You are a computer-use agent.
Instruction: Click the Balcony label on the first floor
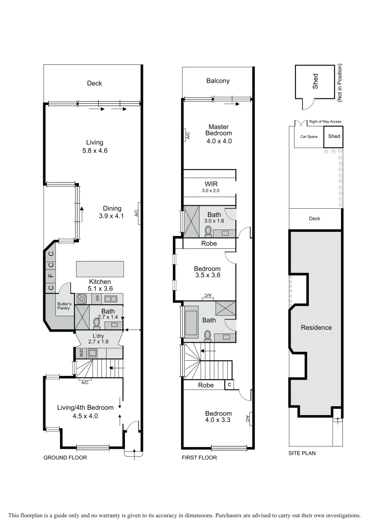coord(217,81)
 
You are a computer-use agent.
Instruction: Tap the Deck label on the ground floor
coord(94,83)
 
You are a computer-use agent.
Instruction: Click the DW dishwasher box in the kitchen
coord(97,299)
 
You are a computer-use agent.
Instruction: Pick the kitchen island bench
coord(99,268)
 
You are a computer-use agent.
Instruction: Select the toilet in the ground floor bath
coord(96,322)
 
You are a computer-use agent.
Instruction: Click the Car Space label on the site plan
coord(308,137)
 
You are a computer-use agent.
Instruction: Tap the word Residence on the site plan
coord(317,327)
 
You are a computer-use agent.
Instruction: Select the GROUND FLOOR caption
coord(65,458)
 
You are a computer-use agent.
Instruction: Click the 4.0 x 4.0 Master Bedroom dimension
coord(218,141)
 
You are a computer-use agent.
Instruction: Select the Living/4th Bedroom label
coord(85,407)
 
